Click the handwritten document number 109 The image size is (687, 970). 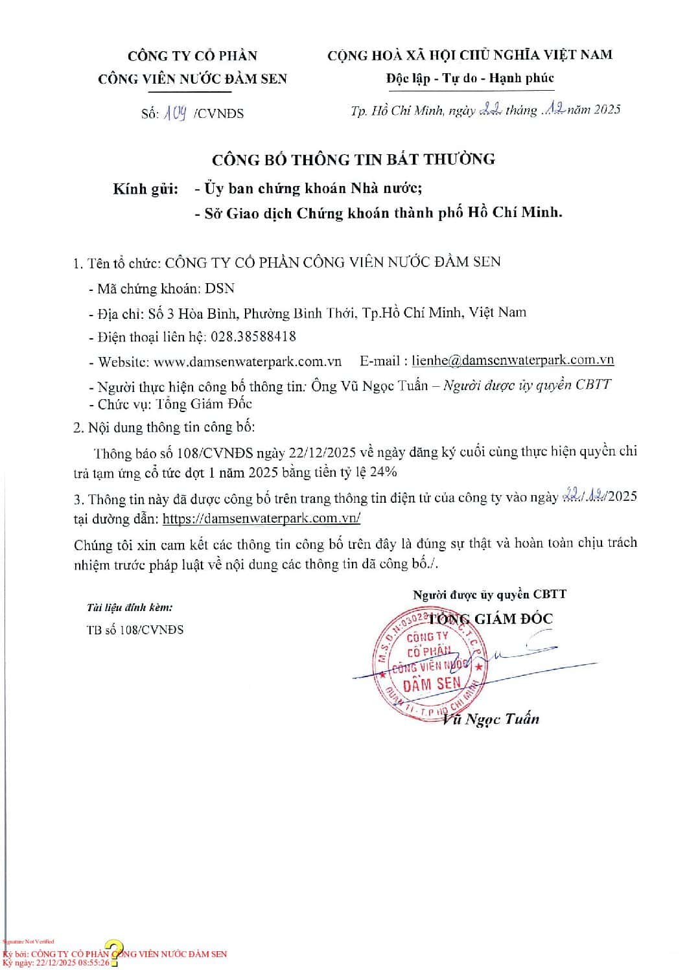(x=175, y=114)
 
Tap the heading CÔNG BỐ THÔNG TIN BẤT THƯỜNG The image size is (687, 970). (x=354, y=159)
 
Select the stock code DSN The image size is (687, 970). (x=220, y=288)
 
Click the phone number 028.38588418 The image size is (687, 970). (x=251, y=337)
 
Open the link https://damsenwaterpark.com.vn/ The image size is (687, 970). (x=261, y=519)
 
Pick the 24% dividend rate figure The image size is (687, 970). (x=383, y=472)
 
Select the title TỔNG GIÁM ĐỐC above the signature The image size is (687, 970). (x=496, y=619)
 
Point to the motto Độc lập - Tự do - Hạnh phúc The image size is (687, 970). (x=470, y=78)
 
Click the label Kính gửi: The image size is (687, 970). (x=146, y=189)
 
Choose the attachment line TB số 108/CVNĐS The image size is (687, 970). (x=135, y=630)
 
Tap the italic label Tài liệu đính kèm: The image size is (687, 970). (x=130, y=608)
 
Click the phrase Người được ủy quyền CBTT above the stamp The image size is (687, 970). (x=489, y=594)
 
